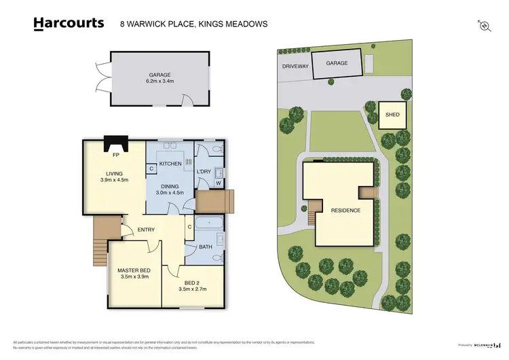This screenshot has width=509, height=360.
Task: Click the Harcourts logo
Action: [x=69, y=23]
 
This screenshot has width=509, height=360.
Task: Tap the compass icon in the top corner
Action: [x=484, y=25]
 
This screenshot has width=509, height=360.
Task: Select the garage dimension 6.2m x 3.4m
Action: [x=159, y=82]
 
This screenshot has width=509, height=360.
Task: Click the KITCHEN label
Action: [x=170, y=164]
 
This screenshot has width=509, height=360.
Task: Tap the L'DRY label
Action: [x=204, y=171]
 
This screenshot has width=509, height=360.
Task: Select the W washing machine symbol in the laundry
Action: [x=219, y=183]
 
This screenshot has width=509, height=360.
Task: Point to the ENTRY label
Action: [x=146, y=230]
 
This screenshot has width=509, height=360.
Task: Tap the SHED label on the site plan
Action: [x=392, y=115]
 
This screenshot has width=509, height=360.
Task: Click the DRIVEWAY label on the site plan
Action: [x=296, y=67]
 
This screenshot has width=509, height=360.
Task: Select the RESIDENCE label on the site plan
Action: [x=345, y=211]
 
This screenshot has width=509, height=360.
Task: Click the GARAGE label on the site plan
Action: [x=337, y=63]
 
